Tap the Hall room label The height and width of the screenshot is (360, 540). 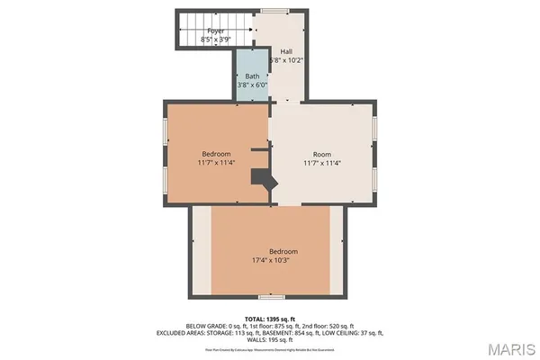pyautogui.click(x=287, y=51)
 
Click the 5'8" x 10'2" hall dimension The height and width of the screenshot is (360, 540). pyautogui.click(x=287, y=60)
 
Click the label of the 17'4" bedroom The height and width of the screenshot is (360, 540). pyautogui.click(x=283, y=251)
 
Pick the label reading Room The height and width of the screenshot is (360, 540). pyautogui.click(x=321, y=154)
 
